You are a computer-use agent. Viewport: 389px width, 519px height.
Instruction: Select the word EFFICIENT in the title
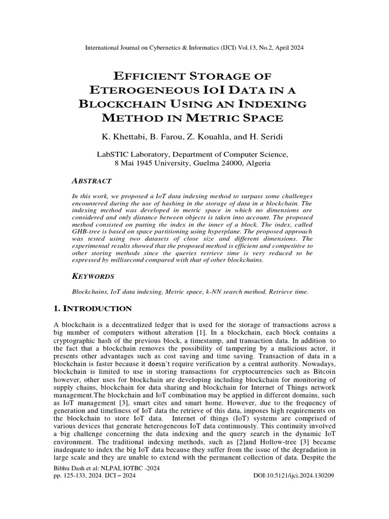tap(151, 76)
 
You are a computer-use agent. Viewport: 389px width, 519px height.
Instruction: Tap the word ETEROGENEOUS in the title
tap(146, 90)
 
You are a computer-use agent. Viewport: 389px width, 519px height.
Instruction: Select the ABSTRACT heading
tap(92, 181)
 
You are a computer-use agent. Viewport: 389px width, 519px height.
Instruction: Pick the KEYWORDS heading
tap(93, 276)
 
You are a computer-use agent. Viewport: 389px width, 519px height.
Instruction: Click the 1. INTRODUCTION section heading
tap(93, 309)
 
